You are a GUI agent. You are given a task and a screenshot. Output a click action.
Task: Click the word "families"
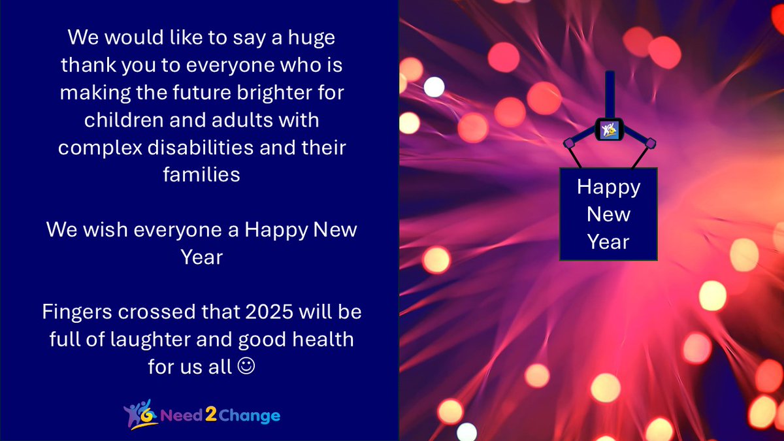coord(202,175)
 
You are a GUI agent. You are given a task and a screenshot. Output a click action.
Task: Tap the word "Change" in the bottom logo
coord(250,416)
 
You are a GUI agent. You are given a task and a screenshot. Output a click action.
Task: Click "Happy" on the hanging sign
coord(608,187)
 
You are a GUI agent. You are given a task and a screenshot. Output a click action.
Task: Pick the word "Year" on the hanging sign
coord(608,242)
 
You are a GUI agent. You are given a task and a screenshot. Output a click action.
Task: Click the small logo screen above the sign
coord(610,129)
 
